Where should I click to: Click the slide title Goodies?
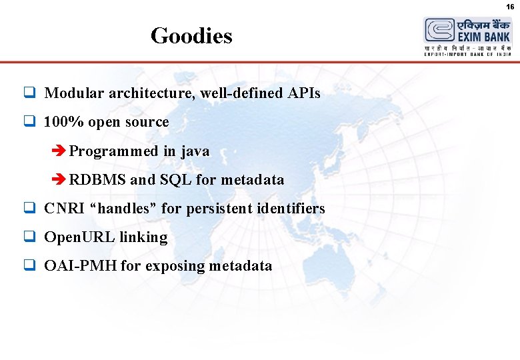click(191, 35)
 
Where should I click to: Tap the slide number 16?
click(510, 6)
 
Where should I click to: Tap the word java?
click(195, 151)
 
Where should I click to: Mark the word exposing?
click(175, 266)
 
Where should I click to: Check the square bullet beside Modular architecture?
click(29, 93)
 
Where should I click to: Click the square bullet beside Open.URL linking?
click(29, 237)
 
